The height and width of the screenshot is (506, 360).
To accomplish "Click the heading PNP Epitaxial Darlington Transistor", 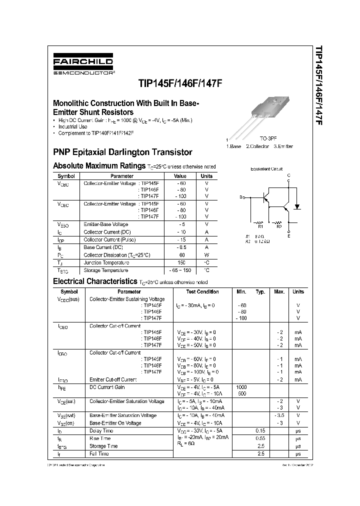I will (122, 152).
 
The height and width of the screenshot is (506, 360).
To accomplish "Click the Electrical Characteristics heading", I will (94, 281).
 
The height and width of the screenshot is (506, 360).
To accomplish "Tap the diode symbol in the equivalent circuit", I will (296, 205).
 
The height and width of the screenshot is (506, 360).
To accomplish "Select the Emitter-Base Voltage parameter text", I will (105, 224).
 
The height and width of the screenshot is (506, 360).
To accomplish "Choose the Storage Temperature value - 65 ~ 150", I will (180, 270).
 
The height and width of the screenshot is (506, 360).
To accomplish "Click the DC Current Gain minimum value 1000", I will (241, 387).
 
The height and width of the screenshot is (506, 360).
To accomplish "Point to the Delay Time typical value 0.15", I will (260, 430).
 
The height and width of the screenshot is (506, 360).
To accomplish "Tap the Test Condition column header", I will (202, 291).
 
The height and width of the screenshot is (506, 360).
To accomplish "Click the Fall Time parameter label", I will (99, 453).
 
